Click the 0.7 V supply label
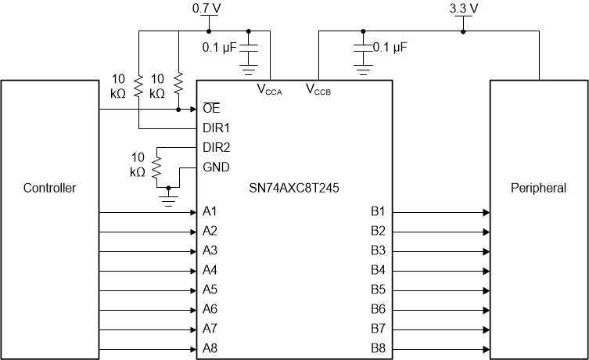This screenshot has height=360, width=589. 207,9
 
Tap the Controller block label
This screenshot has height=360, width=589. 49,188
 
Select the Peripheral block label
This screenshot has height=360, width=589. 538,188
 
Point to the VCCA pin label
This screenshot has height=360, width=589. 269,89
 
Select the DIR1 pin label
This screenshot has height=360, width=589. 215,127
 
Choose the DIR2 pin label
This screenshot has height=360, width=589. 215,147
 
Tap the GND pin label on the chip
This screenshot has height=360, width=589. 215,167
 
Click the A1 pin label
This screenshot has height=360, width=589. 210,211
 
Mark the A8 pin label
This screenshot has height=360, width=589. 210,348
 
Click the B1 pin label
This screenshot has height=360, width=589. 378,211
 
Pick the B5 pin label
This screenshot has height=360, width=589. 378,290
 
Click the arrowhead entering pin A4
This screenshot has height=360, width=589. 192,270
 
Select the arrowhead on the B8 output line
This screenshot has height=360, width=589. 486,348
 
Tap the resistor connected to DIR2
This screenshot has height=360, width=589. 156,167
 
